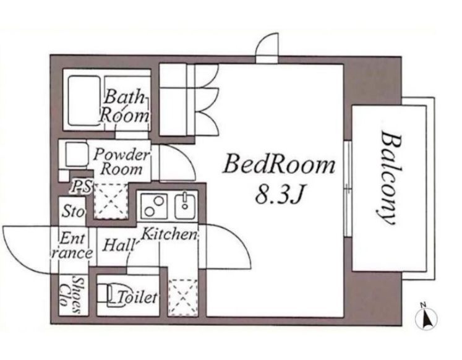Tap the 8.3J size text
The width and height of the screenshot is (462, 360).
[279, 195]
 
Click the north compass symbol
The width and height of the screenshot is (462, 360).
[426, 317]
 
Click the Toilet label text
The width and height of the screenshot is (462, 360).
[137, 297]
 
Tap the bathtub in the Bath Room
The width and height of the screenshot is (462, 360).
[84, 101]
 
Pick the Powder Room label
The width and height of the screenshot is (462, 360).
[122, 161]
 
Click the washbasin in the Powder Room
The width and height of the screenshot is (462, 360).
[75, 154]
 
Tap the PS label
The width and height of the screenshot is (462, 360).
[82, 187]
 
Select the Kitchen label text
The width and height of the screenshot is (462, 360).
[169, 234]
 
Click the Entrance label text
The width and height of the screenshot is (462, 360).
[72, 246]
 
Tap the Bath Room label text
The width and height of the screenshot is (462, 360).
[124, 106]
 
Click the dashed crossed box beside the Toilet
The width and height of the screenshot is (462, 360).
[182, 298]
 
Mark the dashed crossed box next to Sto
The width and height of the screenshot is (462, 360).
[111, 201]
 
